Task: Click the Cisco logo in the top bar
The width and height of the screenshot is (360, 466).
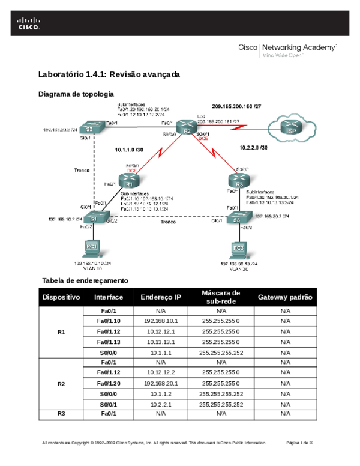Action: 28,23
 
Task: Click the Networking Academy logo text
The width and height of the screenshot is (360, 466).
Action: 288,48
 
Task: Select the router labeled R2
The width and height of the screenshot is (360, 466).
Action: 187,129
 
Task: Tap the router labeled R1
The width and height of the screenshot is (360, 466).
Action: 129,180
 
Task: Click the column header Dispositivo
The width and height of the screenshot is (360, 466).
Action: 61,297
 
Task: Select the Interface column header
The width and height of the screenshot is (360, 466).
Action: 109,297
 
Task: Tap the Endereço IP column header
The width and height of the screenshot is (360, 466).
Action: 161,297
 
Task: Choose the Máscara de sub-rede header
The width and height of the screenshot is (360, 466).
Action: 221,297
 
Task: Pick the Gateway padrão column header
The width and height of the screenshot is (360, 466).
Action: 285,297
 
